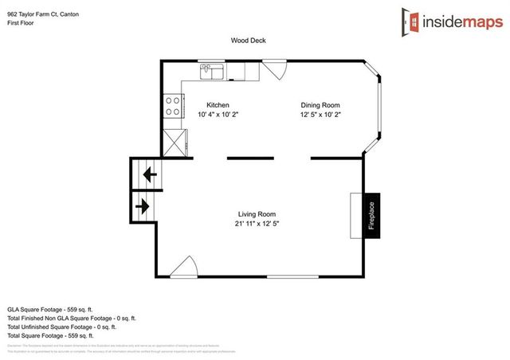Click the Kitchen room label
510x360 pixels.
click(x=218, y=105)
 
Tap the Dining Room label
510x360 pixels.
click(x=320, y=105)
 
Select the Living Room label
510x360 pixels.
click(x=257, y=213)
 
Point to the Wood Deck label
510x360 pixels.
click(x=247, y=40)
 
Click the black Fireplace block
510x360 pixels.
click(x=371, y=215)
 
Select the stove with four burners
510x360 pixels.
click(x=173, y=105)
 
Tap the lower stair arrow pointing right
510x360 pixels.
click(x=143, y=206)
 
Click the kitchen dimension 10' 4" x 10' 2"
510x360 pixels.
click(x=218, y=115)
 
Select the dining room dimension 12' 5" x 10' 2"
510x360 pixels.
click(x=320, y=115)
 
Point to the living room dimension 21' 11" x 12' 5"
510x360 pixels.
click(x=257, y=224)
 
